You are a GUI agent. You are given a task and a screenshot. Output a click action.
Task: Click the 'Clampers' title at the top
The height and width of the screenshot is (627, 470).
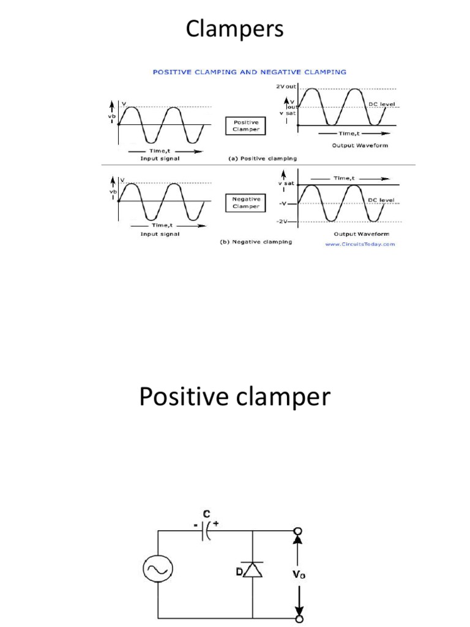tap(235, 29)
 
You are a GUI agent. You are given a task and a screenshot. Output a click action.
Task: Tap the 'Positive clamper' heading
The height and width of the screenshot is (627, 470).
tap(234, 398)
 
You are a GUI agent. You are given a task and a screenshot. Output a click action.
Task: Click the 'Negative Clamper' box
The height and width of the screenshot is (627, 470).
tap(246, 203)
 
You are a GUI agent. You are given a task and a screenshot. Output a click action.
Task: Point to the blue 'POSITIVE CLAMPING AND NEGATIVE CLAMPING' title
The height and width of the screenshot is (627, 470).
tap(249, 72)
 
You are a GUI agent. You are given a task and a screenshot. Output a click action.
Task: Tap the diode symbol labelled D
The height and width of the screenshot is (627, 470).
tap(253, 571)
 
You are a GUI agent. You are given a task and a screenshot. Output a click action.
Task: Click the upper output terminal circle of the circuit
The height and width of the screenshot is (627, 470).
tap(299, 531)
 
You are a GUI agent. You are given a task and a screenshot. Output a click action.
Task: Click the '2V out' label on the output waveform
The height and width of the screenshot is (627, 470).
tap(286, 87)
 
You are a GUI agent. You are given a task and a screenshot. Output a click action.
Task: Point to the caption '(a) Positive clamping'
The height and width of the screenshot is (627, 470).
tap(262, 158)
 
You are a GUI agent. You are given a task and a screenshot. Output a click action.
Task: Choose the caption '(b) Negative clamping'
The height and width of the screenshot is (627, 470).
tap(255, 241)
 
